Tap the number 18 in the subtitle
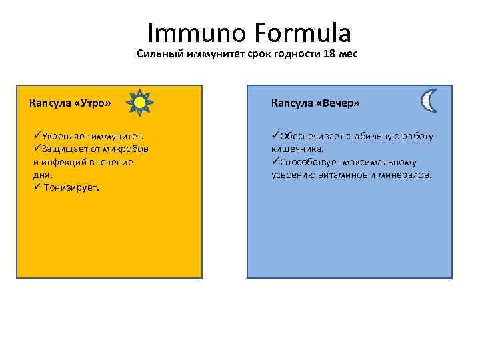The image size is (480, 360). (x=329, y=55)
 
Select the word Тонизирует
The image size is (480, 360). (x=73, y=187)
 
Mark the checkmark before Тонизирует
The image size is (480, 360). (x=37, y=187)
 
